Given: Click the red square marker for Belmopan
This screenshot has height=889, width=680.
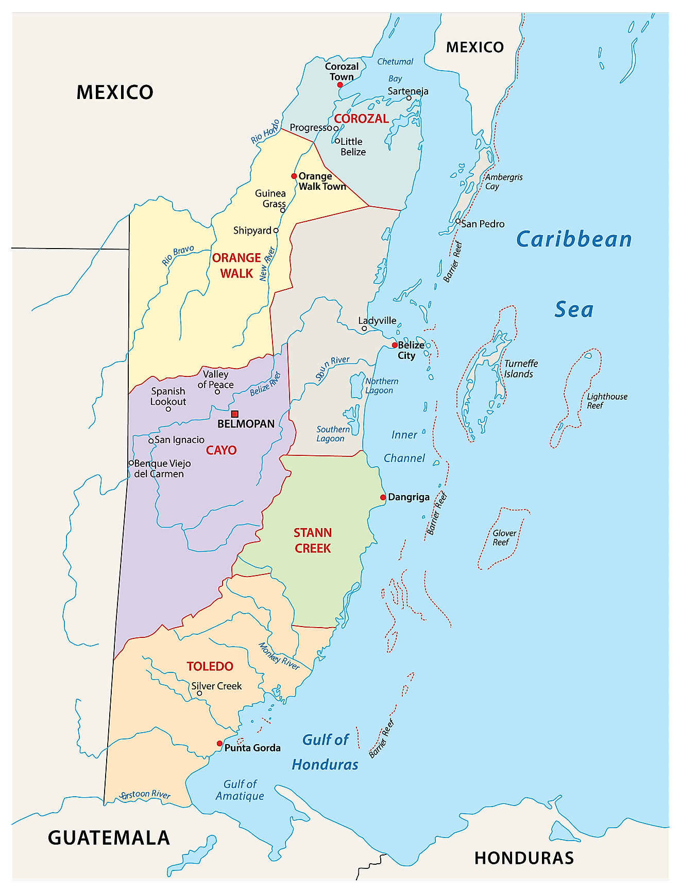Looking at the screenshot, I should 235,414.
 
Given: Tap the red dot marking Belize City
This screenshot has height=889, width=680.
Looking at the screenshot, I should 395,345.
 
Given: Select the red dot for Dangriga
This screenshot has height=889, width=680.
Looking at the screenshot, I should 383,498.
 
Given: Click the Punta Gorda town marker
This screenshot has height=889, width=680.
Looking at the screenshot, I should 219,744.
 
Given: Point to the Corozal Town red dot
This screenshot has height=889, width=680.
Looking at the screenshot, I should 340,85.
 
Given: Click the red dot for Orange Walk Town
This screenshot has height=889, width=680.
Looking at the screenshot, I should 294,176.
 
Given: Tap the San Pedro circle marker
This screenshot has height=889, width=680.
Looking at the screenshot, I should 458,221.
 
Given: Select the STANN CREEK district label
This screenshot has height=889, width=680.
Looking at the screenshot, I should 313,540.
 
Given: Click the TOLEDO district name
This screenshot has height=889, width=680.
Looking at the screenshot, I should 210,666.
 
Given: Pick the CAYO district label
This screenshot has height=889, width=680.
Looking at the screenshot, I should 221,450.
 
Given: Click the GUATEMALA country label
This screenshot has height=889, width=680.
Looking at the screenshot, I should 109,838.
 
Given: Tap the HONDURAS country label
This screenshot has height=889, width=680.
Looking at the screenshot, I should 524,858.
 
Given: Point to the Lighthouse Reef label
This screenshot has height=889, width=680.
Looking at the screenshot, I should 607,401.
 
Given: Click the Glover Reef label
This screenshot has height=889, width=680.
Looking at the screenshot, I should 504,537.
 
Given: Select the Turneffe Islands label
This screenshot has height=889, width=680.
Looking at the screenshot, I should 520,369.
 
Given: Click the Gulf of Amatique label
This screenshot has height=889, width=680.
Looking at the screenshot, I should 240,790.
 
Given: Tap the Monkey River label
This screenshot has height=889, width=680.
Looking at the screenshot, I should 279,656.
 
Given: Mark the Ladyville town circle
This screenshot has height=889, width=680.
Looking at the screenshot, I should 364,328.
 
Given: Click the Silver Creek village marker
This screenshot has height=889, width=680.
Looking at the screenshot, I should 199,694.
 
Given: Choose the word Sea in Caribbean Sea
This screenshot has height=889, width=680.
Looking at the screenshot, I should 574,309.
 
